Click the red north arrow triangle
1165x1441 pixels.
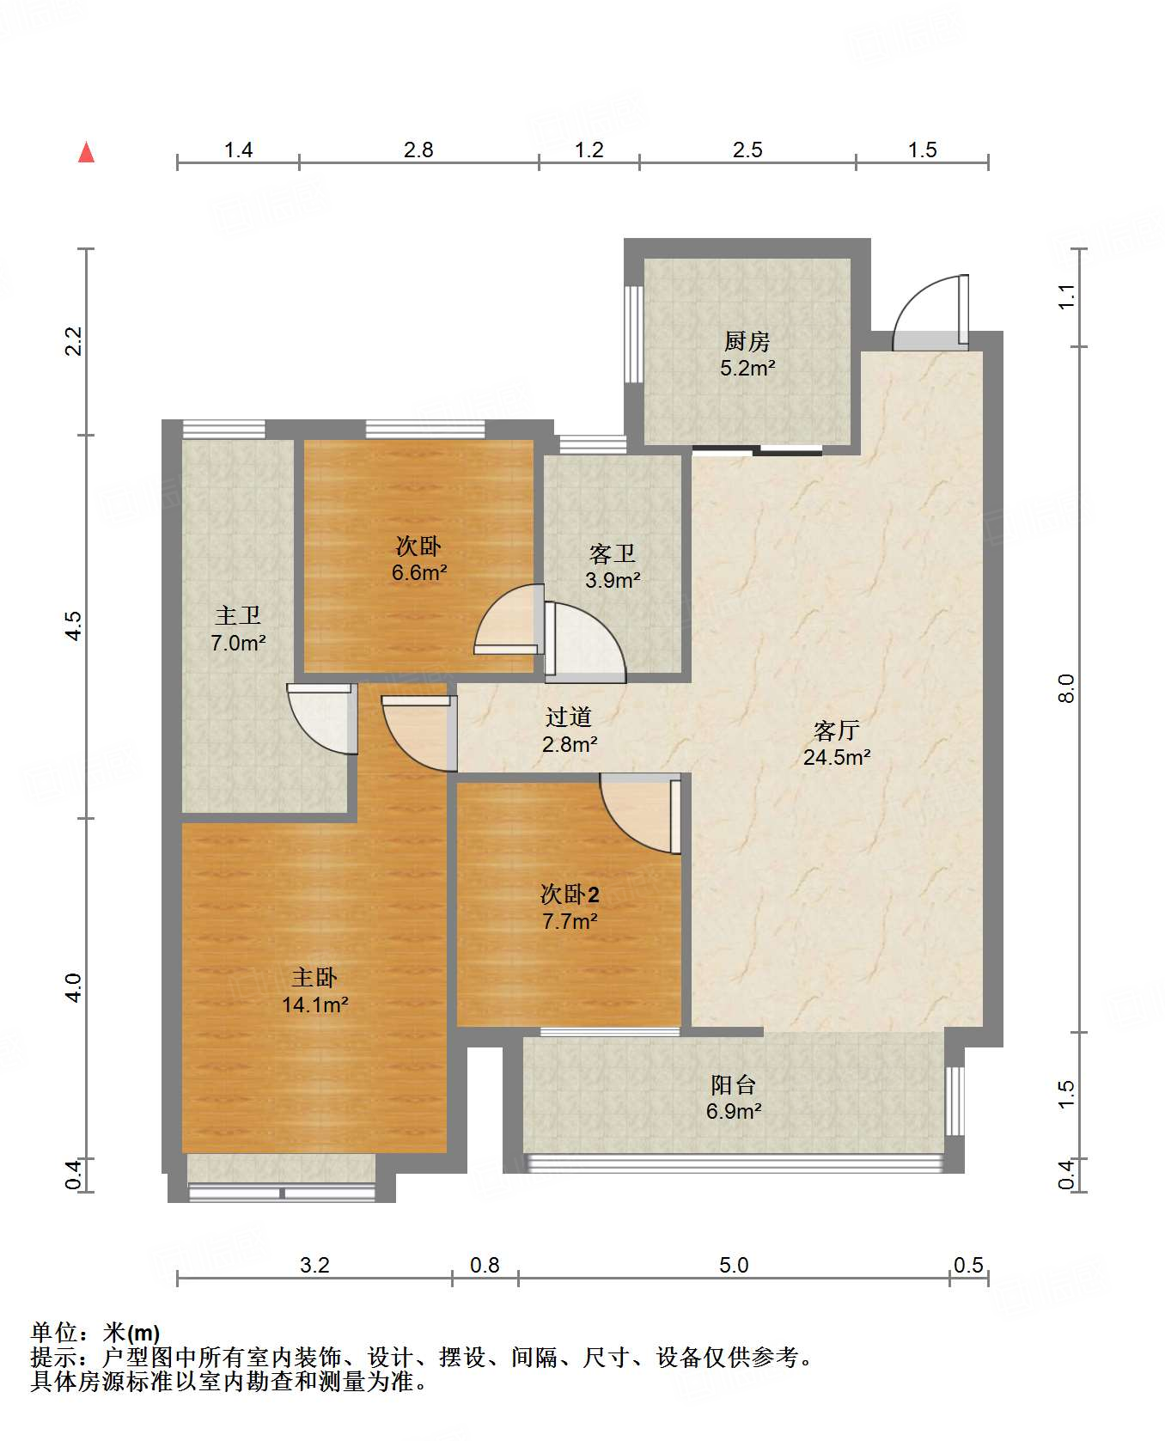click(86, 152)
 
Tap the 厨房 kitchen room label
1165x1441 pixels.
click(747, 342)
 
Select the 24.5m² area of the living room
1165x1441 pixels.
click(837, 757)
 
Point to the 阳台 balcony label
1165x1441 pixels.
click(733, 1084)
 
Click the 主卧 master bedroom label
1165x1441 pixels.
click(314, 978)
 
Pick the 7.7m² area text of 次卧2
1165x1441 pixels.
click(570, 921)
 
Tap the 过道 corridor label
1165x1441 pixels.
click(569, 717)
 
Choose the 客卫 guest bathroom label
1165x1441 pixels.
click(613, 553)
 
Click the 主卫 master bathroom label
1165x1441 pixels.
click(237, 615)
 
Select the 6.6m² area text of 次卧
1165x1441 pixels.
click(419, 572)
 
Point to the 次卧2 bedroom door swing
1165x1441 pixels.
click(641, 813)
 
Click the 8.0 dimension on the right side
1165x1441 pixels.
click(1066, 689)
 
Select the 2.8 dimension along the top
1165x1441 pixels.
click(418, 150)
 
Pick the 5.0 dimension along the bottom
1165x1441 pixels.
click(734, 1265)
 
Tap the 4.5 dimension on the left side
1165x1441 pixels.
click(76, 625)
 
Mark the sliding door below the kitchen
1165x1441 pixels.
click(757, 449)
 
